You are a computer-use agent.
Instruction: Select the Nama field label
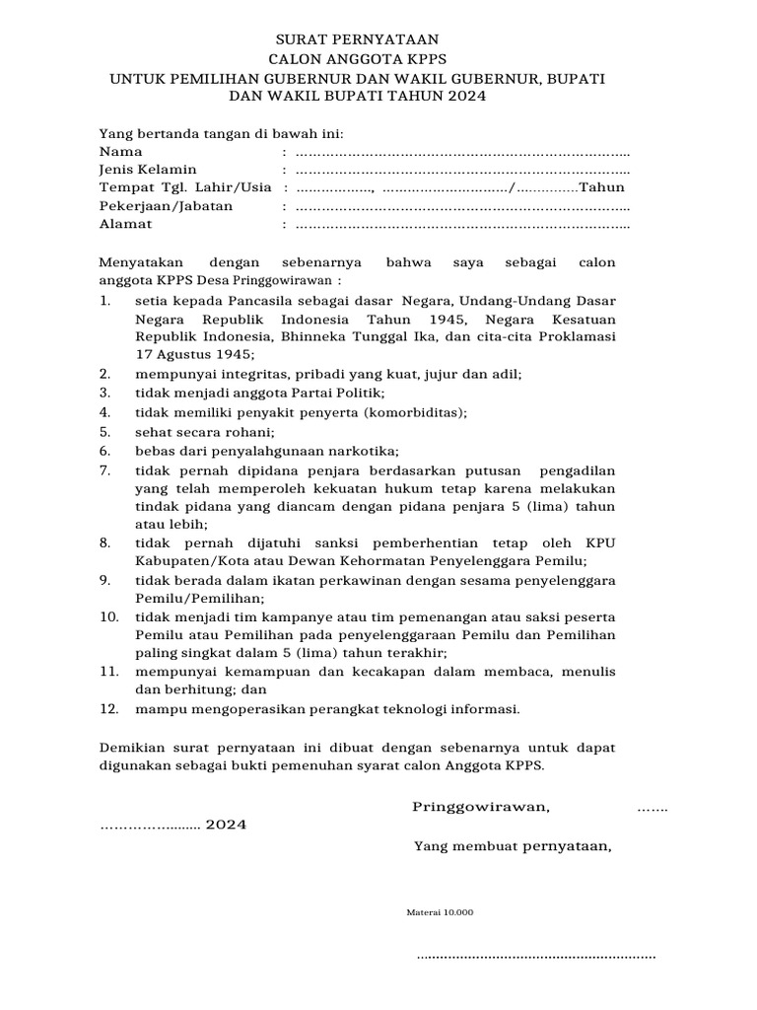pos(121,152)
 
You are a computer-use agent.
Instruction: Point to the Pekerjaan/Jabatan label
pos(167,206)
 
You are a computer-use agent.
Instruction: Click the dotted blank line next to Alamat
pos(462,225)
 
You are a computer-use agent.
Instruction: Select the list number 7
pos(105,469)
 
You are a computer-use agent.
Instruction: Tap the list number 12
pos(109,708)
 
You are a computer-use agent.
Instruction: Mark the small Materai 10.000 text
pos(440,912)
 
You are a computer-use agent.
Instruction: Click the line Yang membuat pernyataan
pos(513,845)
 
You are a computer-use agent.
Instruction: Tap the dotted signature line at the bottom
pos(536,956)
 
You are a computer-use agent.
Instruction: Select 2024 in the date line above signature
pos(226,826)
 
